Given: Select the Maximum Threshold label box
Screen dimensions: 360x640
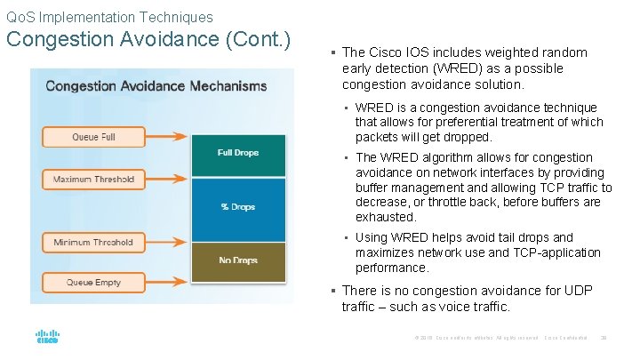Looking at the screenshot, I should (x=93, y=180).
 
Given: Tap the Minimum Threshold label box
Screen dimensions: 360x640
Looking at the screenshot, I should (x=93, y=242).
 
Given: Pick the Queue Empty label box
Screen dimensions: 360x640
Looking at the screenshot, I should (x=93, y=283).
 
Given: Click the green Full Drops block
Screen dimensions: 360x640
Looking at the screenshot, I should (x=237, y=153).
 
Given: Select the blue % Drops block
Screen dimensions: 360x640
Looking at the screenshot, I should (x=237, y=206).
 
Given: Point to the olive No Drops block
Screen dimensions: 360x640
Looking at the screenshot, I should (x=237, y=260).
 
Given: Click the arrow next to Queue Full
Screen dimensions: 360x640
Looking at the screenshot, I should (x=169, y=137).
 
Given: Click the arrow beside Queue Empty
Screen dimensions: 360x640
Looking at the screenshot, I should (x=169, y=283).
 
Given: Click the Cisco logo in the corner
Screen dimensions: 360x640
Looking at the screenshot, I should (x=47, y=337).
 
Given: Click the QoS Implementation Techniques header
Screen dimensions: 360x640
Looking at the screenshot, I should (x=109, y=17).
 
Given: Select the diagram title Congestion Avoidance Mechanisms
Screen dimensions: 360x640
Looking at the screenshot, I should (x=156, y=86).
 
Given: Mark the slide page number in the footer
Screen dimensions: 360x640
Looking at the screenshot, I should (x=604, y=338).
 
